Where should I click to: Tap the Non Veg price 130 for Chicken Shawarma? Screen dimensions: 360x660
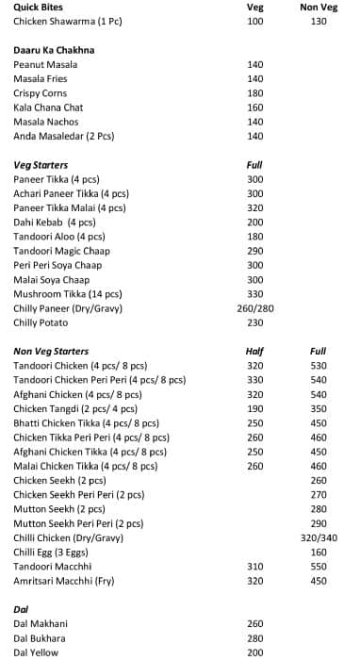[x=318, y=21]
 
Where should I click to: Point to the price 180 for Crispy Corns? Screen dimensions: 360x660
[x=254, y=93]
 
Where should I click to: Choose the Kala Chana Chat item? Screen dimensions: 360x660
[x=48, y=107]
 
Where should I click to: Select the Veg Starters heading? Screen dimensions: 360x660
[x=41, y=165]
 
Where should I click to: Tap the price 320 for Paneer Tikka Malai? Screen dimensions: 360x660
[x=254, y=208]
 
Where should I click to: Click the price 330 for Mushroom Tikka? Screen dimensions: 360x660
[x=254, y=294]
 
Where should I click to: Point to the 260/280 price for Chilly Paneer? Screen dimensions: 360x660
[x=254, y=308]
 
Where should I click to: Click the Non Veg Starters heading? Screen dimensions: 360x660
[x=51, y=352]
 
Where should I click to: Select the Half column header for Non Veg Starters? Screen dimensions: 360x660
[x=254, y=352]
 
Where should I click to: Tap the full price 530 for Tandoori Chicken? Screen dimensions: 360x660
[x=318, y=366]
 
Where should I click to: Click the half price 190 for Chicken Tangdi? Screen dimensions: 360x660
[x=254, y=409]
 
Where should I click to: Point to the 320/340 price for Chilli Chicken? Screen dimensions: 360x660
[x=318, y=537]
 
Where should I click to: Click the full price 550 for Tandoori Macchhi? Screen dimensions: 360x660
[x=318, y=566]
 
